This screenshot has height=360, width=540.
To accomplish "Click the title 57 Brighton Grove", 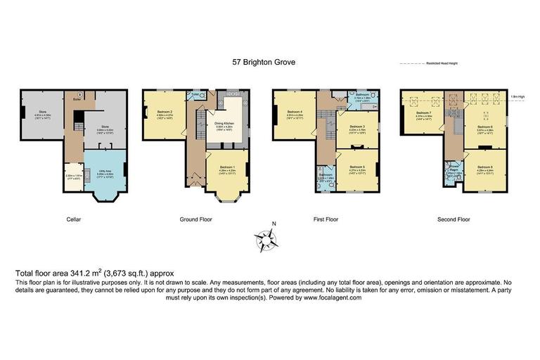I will pos(264,63).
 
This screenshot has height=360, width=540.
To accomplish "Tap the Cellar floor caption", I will pos(74,219).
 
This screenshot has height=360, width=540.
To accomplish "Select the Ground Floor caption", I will pos(196,219).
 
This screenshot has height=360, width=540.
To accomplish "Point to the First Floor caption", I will pos(326,219).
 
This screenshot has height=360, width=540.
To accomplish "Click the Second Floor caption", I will pos(454,219).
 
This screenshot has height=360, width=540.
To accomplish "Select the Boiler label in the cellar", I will pos(77,100).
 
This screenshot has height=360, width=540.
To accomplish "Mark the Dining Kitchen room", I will pos(224,124).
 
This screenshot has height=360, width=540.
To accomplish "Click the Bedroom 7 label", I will pos(423,114).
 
